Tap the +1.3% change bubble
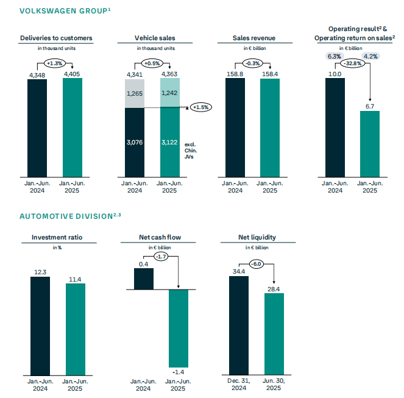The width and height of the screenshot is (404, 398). click(x=55, y=63)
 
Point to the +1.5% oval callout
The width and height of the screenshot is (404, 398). click(x=200, y=107)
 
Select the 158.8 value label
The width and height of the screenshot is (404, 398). click(x=235, y=74)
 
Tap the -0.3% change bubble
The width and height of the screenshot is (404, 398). click(x=252, y=63)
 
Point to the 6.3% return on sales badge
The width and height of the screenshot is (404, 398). click(x=335, y=56)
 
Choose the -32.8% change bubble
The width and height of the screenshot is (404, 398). click(x=352, y=63)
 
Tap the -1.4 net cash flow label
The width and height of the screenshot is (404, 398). click(x=179, y=371)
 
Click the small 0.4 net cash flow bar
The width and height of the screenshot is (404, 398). click(x=144, y=278)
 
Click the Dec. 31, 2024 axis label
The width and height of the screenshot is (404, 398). click(x=239, y=385)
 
